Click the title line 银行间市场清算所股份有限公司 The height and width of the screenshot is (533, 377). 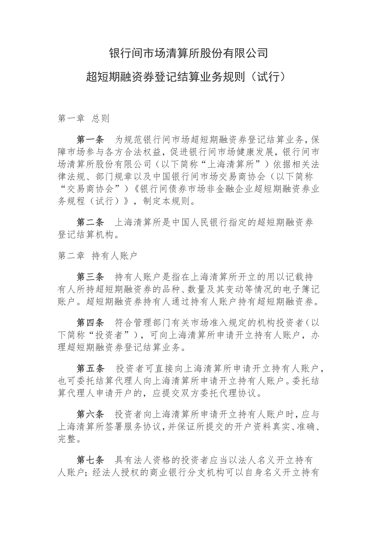pos(188,53)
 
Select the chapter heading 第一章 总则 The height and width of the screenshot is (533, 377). pos(84,119)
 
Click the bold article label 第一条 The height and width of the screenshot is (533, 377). pos(91,138)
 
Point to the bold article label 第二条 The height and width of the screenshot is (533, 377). pos(91,222)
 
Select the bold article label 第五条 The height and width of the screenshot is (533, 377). pos(91,368)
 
